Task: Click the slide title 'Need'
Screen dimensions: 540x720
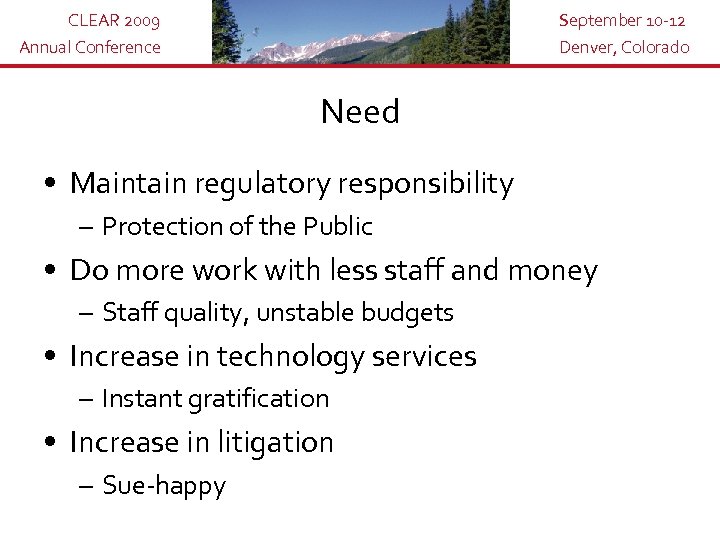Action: click(360, 112)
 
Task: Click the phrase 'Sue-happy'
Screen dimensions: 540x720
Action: click(164, 487)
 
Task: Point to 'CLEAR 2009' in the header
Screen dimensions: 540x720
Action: click(113, 21)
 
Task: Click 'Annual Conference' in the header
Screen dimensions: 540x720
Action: click(91, 47)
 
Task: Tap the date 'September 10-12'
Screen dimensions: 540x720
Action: click(622, 21)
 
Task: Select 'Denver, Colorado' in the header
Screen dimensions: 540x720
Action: click(624, 47)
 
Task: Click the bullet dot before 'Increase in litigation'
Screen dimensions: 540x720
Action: click(50, 443)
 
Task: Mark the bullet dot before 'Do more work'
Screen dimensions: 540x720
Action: click(50, 271)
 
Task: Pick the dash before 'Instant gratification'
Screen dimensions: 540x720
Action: click(88, 399)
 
